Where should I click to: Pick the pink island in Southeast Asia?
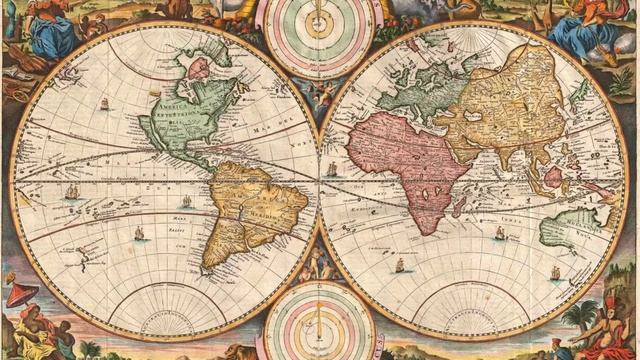click(552, 178)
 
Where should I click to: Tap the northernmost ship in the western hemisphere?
click(104, 103)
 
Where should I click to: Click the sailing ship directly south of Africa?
click(401, 264)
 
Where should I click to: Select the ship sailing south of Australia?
click(554, 272)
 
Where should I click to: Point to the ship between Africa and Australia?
click(499, 232)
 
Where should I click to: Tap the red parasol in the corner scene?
click(21, 294)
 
